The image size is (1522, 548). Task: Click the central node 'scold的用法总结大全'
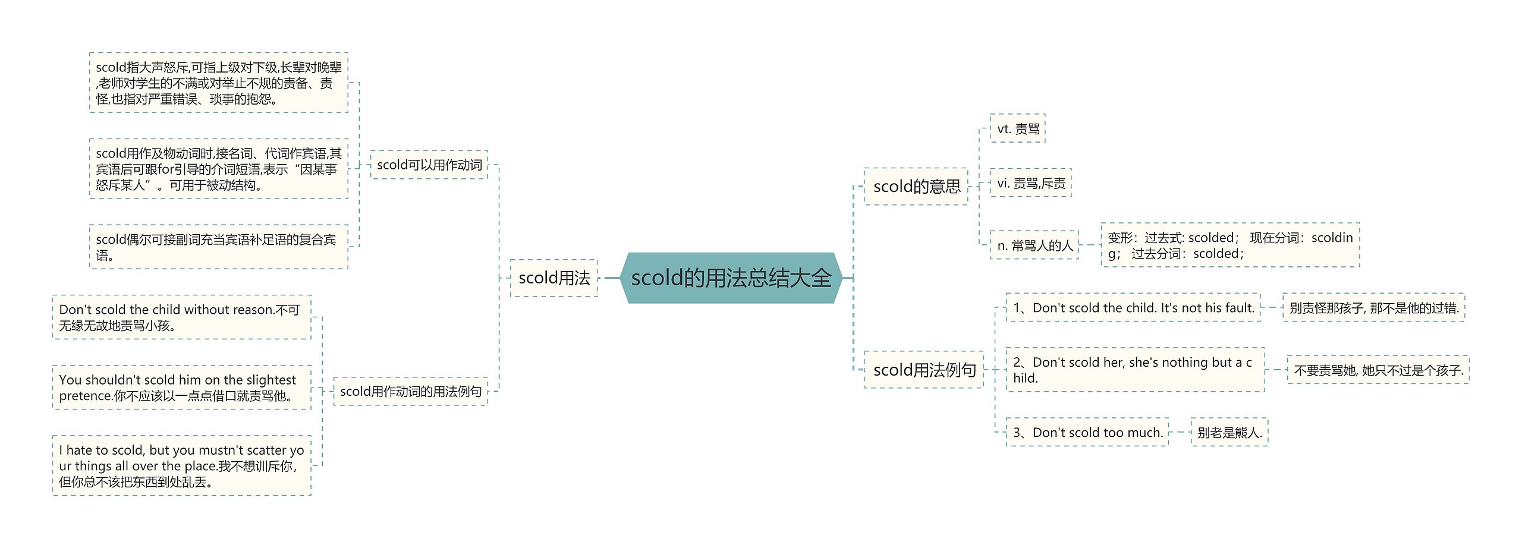[731, 278]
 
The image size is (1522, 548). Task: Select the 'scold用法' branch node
[554, 278]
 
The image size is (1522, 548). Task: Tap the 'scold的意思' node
[916, 186]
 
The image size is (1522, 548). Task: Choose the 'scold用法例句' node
[924, 370]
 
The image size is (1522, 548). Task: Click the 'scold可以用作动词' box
[429, 165]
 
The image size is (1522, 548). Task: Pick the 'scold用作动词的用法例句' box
[410, 391]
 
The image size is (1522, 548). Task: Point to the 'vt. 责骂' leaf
[1017, 128]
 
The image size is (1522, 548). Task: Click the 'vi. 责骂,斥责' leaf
[1030, 183]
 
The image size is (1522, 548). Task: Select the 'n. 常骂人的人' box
[1034, 245]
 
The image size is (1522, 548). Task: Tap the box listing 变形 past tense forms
[1229, 245]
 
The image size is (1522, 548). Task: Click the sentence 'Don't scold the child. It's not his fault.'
[1133, 308]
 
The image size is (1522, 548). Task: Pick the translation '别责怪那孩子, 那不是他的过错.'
[1373, 308]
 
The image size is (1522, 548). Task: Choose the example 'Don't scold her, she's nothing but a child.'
[1134, 370]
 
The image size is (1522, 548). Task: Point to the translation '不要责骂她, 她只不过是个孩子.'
[1378, 370]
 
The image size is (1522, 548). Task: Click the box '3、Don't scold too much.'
[1087, 432]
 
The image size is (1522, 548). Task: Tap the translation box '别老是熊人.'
[1229, 432]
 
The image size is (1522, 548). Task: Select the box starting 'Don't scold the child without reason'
[181, 317]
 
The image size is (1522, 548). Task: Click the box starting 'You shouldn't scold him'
[181, 388]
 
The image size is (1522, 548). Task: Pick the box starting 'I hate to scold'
[181, 465]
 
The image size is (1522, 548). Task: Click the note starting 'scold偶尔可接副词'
[218, 247]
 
